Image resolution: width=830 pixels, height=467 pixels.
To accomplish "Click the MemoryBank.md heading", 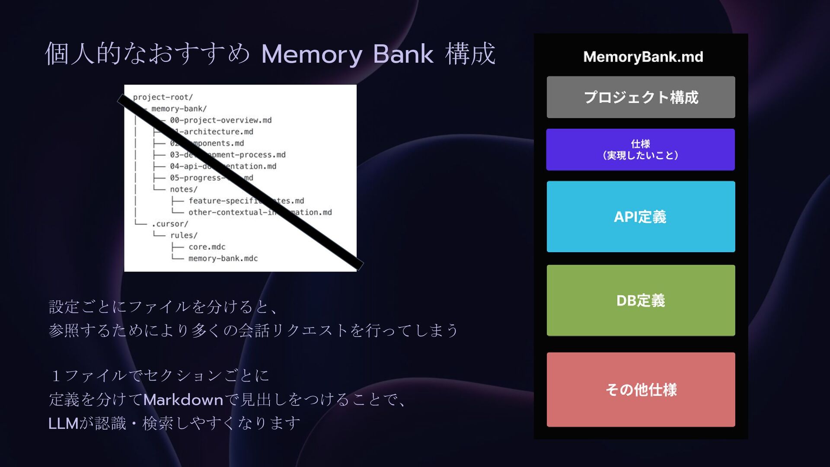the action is point(643,57).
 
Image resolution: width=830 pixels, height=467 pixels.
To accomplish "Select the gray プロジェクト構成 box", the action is point(641,97).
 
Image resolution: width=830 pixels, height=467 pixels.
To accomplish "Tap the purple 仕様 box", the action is point(640,150).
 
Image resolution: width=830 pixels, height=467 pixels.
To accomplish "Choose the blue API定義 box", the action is point(641,217).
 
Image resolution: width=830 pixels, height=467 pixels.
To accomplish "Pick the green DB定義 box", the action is point(641,301).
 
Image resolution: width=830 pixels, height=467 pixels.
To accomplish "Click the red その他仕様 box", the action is point(641,390).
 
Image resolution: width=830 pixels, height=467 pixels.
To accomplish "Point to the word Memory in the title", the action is point(311,54).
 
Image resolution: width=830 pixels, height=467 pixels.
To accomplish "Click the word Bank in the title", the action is point(403,54).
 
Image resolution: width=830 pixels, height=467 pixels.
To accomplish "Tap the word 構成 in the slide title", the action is point(470,54).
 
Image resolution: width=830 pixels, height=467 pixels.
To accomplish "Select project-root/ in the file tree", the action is point(163,97).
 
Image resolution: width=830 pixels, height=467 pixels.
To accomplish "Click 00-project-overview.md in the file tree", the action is point(220,120).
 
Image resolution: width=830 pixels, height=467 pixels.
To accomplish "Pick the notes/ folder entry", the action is point(183,189).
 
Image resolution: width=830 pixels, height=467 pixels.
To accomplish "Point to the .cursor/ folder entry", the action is point(170,224).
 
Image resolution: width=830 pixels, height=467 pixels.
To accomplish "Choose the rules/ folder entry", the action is point(183,235).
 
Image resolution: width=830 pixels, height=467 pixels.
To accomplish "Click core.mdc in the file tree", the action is point(207,247).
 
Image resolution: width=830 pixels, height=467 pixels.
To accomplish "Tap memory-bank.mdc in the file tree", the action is point(223,259).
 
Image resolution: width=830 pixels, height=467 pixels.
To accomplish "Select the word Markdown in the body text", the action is point(183,400).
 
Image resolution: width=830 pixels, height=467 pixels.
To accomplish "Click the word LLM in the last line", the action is point(63,423).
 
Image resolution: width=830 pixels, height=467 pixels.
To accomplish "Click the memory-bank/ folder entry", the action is point(179,109).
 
